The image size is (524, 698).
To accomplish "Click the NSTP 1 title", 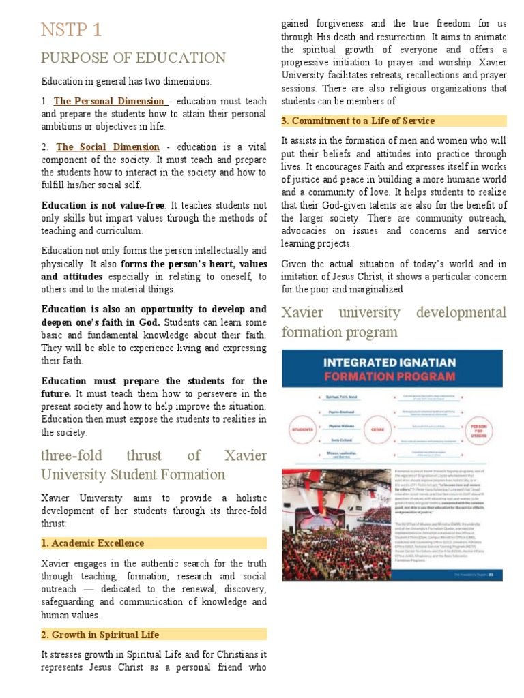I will click(72, 29).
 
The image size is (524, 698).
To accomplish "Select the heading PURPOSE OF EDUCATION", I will click(133, 58).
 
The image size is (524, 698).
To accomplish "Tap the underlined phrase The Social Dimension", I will click(108, 147).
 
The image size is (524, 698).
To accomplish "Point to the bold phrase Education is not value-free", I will click(104, 205).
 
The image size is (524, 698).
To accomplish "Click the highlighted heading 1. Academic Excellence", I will click(93, 543).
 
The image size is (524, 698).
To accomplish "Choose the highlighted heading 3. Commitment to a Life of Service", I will click(358, 121).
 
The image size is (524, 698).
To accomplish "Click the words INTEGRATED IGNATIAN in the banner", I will click(392, 362).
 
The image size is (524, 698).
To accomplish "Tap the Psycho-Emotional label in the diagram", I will click(337, 412).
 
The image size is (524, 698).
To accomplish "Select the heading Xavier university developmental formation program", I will click(394, 322).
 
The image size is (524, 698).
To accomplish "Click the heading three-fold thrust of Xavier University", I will click(154, 464).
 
